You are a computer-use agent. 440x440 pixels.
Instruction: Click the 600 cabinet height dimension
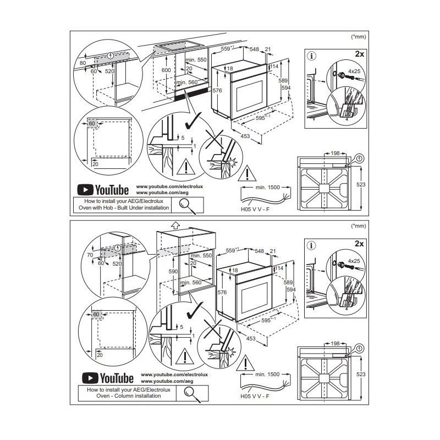pyautogui.click(x=166, y=70)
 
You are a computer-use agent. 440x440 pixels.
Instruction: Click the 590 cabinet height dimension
pyautogui.click(x=173, y=271)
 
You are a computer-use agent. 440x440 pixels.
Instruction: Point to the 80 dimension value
pyautogui.click(x=82, y=63)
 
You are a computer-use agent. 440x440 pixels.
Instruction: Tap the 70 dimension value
pyautogui.click(x=90, y=255)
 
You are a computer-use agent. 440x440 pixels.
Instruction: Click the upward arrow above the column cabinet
pyautogui.click(x=175, y=225)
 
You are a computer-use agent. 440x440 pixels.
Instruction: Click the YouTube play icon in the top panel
pyautogui.click(x=85, y=190)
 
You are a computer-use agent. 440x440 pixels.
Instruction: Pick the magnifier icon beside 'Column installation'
pyautogui.click(x=192, y=394)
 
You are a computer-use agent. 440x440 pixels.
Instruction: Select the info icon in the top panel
pyautogui.click(x=311, y=56)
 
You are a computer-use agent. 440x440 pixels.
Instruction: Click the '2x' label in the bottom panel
pyautogui.click(x=359, y=244)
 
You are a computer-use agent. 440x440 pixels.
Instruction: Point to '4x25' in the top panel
pyautogui.click(x=354, y=71)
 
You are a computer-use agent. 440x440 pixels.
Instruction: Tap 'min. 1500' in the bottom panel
pyautogui.click(x=267, y=375)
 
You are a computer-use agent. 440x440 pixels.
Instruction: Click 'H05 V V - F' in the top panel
pyautogui.click(x=255, y=210)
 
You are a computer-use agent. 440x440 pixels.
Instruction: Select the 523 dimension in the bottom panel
pyautogui.click(x=361, y=375)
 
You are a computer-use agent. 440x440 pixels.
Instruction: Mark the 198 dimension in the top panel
pyautogui.click(x=335, y=153)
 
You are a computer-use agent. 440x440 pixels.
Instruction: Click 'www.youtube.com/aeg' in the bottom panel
pyautogui.click(x=167, y=381)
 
